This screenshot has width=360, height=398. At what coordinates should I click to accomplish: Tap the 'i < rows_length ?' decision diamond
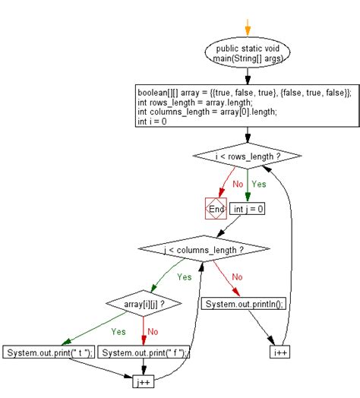[x=248, y=156]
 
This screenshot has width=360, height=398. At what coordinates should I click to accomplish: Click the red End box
[x=216, y=207]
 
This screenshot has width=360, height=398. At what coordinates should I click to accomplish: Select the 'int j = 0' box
[x=248, y=207]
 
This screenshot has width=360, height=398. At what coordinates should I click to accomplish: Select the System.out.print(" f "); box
[x=144, y=353]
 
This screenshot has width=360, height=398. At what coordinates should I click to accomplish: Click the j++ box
[x=144, y=380]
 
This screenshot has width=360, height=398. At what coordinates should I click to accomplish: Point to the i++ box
[x=281, y=353]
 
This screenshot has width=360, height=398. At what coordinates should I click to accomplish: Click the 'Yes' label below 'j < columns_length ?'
[x=185, y=276]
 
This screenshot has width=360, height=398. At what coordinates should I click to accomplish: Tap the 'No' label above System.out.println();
[x=236, y=276]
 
